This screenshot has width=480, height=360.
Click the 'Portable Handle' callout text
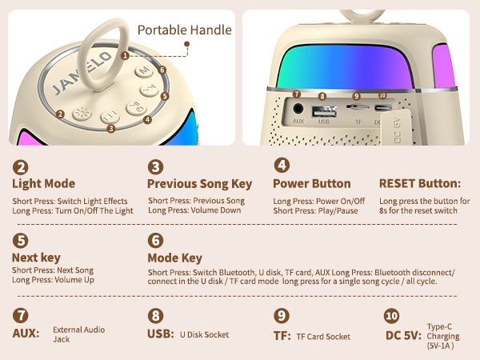[x=185, y=30]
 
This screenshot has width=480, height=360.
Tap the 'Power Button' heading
[x=312, y=183]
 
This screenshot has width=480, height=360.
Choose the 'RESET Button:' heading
[x=419, y=183]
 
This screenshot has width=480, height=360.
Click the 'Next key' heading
[x=37, y=258]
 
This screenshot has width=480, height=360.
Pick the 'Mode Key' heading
[x=174, y=258]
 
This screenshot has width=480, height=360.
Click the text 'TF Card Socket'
[x=323, y=337]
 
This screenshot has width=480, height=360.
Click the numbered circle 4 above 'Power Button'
[x=282, y=166]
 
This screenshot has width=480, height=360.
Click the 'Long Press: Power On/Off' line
[x=318, y=200]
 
